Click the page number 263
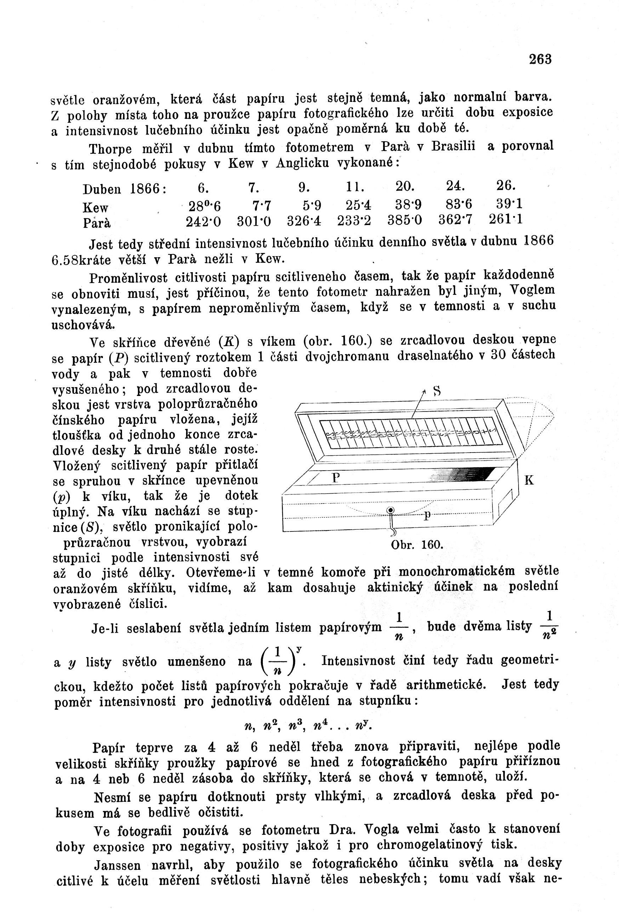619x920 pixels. (x=540, y=59)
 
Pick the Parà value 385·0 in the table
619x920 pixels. (x=405, y=220)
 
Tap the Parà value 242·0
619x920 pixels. (x=203, y=222)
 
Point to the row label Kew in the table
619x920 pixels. (x=96, y=208)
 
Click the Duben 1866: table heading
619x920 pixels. (x=125, y=190)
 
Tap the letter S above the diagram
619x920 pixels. (x=436, y=391)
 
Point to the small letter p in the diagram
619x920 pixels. (x=427, y=515)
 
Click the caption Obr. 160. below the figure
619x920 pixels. (x=417, y=545)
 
